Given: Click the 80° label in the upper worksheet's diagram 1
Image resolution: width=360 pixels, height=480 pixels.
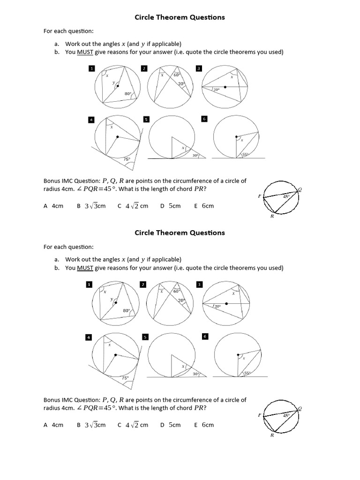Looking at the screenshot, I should [x=127, y=94].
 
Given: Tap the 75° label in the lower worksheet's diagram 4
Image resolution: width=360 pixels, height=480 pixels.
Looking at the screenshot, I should [x=125, y=377].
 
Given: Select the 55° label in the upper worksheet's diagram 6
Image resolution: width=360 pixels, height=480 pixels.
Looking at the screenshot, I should [x=246, y=154].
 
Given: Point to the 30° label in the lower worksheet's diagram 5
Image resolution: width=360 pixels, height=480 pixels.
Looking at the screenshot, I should [x=195, y=374].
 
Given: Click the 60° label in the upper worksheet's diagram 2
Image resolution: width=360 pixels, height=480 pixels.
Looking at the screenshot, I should [x=177, y=75].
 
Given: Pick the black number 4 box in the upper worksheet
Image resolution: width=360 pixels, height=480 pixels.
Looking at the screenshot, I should [x=91, y=120].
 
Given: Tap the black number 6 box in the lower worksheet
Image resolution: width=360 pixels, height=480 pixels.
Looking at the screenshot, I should [x=205, y=336].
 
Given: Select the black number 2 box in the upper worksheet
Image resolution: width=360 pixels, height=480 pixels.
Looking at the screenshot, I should [x=144, y=68].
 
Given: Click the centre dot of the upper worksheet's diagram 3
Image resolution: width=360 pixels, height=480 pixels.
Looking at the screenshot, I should [x=225, y=87].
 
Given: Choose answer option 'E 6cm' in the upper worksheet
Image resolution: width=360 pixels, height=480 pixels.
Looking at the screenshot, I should [x=204, y=206].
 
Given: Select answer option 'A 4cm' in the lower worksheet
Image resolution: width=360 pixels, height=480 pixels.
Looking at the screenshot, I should [x=53, y=425].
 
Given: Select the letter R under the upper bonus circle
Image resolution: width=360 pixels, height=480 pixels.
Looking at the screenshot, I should [x=272, y=216].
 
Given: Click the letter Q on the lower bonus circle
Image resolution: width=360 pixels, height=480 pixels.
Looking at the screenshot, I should [x=300, y=408].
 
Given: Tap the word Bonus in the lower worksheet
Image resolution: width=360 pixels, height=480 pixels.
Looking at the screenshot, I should [x=52, y=400].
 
